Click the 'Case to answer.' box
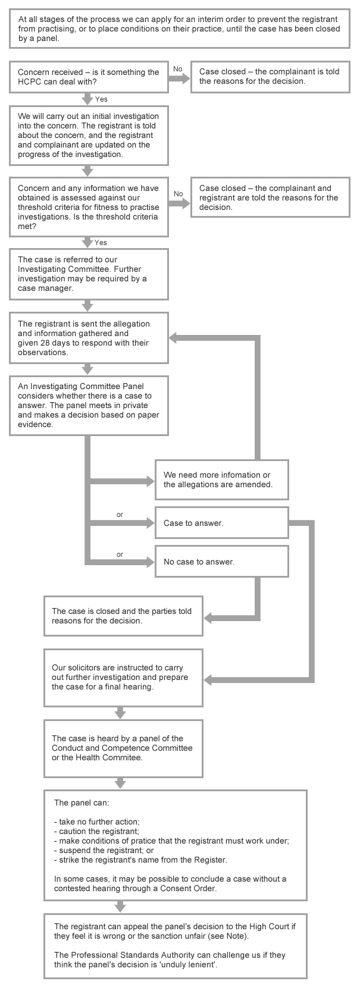click(x=221, y=523)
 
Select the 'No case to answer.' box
click(x=221, y=562)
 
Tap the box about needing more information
click(x=221, y=480)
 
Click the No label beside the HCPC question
click(x=177, y=69)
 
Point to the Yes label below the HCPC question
click(x=101, y=99)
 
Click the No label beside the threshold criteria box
click(x=178, y=194)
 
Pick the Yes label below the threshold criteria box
click(x=101, y=243)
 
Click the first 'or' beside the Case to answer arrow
click(x=120, y=515)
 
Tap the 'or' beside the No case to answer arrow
click(x=120, y=554)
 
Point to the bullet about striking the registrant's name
click(x=140, y=860)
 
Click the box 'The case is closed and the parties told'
click(x=123, y=616)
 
